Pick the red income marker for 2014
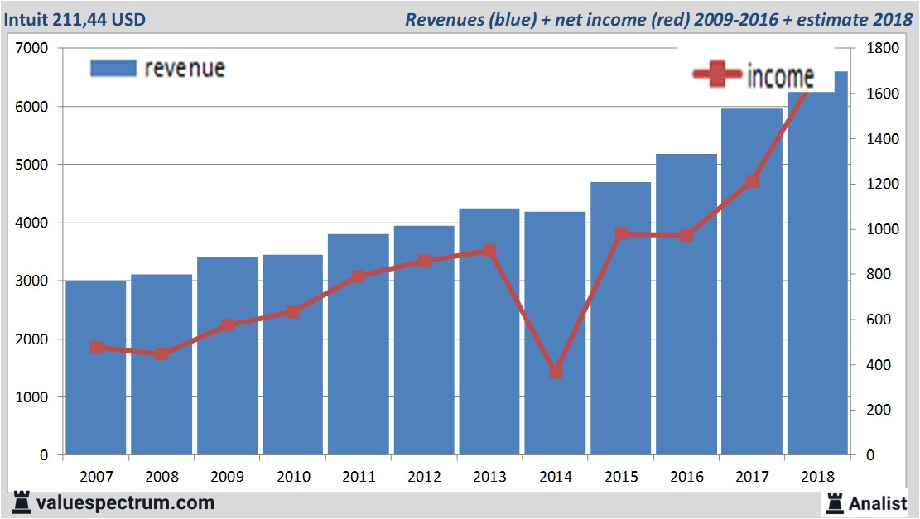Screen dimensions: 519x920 [x=556, y=372]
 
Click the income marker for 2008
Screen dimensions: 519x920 [x=162, y=354]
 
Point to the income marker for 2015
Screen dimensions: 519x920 [x=621, y=234]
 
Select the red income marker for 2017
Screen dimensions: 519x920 [x=752, y=181]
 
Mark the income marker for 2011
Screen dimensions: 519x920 [x=359, y=276]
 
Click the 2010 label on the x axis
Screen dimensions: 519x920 [x=293, y=477]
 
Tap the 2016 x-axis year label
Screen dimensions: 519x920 [x=686, y=477]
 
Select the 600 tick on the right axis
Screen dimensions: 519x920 [x=874, y=320]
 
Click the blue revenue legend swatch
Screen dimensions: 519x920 [x=113, y=68]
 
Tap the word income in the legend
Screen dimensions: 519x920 [x=780, y=76]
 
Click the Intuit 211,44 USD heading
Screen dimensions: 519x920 [x=75, y=19]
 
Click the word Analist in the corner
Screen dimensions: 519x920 [x=878, y=502]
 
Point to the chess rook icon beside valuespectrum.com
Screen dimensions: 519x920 [x=22, y=502]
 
